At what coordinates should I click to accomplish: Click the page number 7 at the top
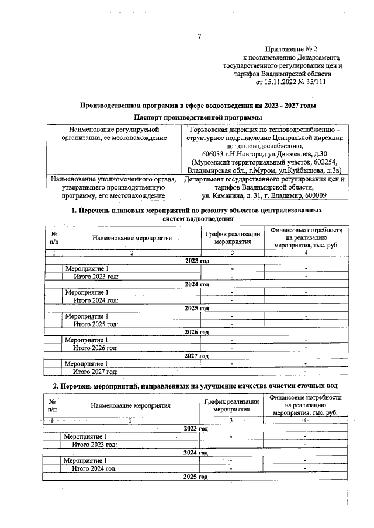[x=199, y=37]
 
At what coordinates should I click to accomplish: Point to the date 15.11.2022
[x=285, y=82]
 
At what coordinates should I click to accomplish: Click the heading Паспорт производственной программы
[x=198, y=118]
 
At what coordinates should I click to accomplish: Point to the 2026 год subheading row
[x=196, y=332]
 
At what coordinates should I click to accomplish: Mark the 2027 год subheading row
[x=196, y=355]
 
